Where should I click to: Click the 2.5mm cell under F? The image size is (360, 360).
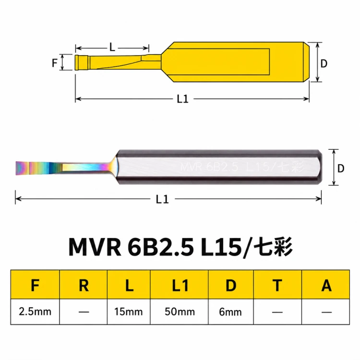(35, 312)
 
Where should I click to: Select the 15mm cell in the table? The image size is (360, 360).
(129, 312)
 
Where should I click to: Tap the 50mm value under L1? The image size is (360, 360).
(180, 312)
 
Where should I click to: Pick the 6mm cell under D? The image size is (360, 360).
(230, 312)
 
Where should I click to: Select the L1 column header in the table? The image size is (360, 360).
(180, 285)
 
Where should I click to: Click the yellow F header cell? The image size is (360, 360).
(35, 285)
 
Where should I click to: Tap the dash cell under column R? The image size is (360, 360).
(84, 312)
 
